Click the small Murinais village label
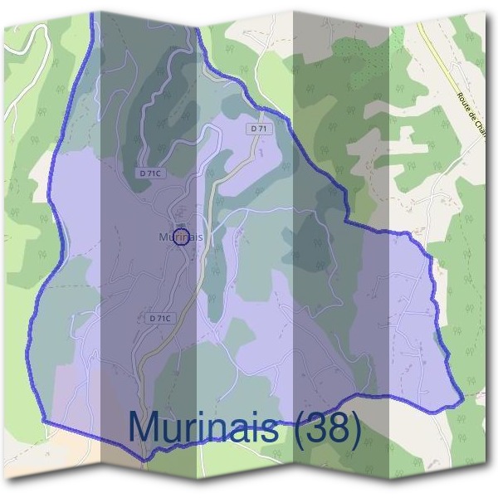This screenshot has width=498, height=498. tap(179, 237)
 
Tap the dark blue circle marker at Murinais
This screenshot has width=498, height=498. tap(183, 235)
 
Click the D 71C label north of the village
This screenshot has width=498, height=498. tap(150, 173)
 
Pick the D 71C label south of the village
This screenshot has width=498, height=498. tap(160, 318)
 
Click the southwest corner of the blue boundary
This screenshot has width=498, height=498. tap(43, 422)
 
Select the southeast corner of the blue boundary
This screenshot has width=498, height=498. tap(461, 402)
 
